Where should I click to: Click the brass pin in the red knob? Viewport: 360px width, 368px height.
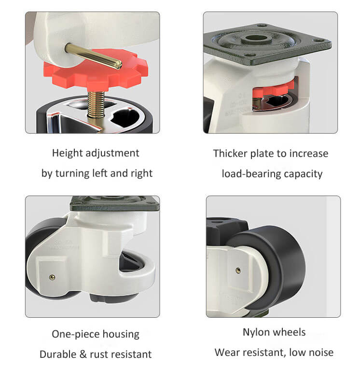pyautogui.click(x=93, y=56)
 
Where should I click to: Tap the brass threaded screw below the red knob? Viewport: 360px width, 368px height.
pyautogui.click(x=96, y=104)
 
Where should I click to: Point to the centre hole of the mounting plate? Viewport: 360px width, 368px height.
pyautogui.click(x=256, y=38)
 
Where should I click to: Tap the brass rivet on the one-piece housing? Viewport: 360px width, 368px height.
pyautogui.click(x=52, y=278)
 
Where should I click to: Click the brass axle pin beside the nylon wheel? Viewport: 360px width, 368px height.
pyautogui.click(x=238, y=270)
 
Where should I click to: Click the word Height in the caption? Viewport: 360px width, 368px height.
pyautogui.click(x=67, y=154)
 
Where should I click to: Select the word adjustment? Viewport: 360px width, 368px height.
pyautogui.click(x=112, y=154)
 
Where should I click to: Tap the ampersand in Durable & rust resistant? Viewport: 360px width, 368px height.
pyautogui.click(x=83, y=354)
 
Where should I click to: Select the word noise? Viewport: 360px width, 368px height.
pyautogui.click(x=321, y=353)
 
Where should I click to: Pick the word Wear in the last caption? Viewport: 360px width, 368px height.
pyautogui.click(x=226, y=353)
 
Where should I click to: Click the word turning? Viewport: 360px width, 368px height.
pyautogui.click(x=72, y=174)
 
